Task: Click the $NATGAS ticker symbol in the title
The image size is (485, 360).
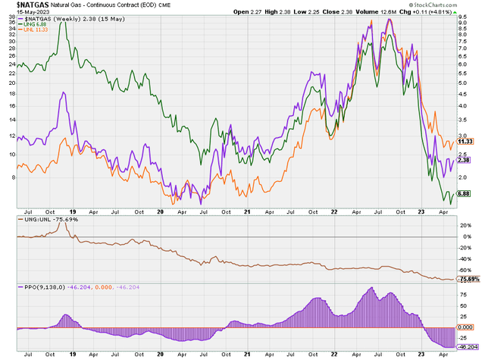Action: [x=19, y=5]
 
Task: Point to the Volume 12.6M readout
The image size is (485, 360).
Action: [x=383, y=12]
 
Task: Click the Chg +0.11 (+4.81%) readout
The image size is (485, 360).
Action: [x=440, y=12]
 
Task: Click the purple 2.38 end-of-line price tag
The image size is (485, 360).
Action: [x=467, y=160]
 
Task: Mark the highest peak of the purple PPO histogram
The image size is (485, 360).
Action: [x=371, y=288]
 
